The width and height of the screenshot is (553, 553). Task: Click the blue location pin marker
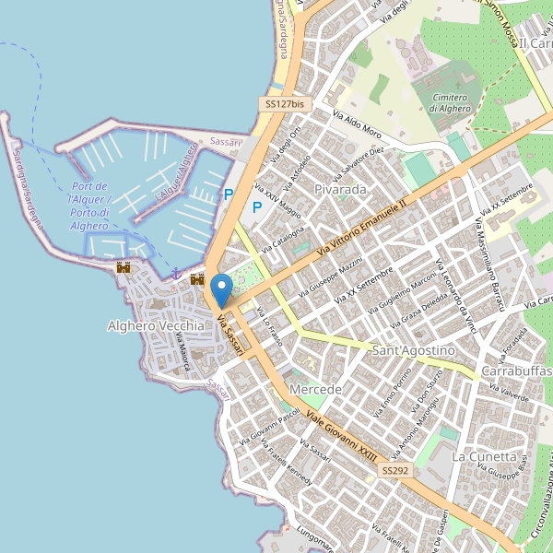221,291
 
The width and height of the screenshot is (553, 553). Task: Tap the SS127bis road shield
284,105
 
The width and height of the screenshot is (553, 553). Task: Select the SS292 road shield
394,471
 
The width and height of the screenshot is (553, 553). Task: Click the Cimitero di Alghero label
450,102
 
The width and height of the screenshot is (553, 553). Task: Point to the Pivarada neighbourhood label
340,189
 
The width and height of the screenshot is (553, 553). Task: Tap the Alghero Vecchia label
156,326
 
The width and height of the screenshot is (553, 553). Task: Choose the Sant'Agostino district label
414,351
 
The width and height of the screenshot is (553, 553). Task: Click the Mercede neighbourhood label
315,390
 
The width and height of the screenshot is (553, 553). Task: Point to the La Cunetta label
484,456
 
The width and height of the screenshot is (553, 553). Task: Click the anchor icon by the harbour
174,273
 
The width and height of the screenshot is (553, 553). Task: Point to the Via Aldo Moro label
357,125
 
